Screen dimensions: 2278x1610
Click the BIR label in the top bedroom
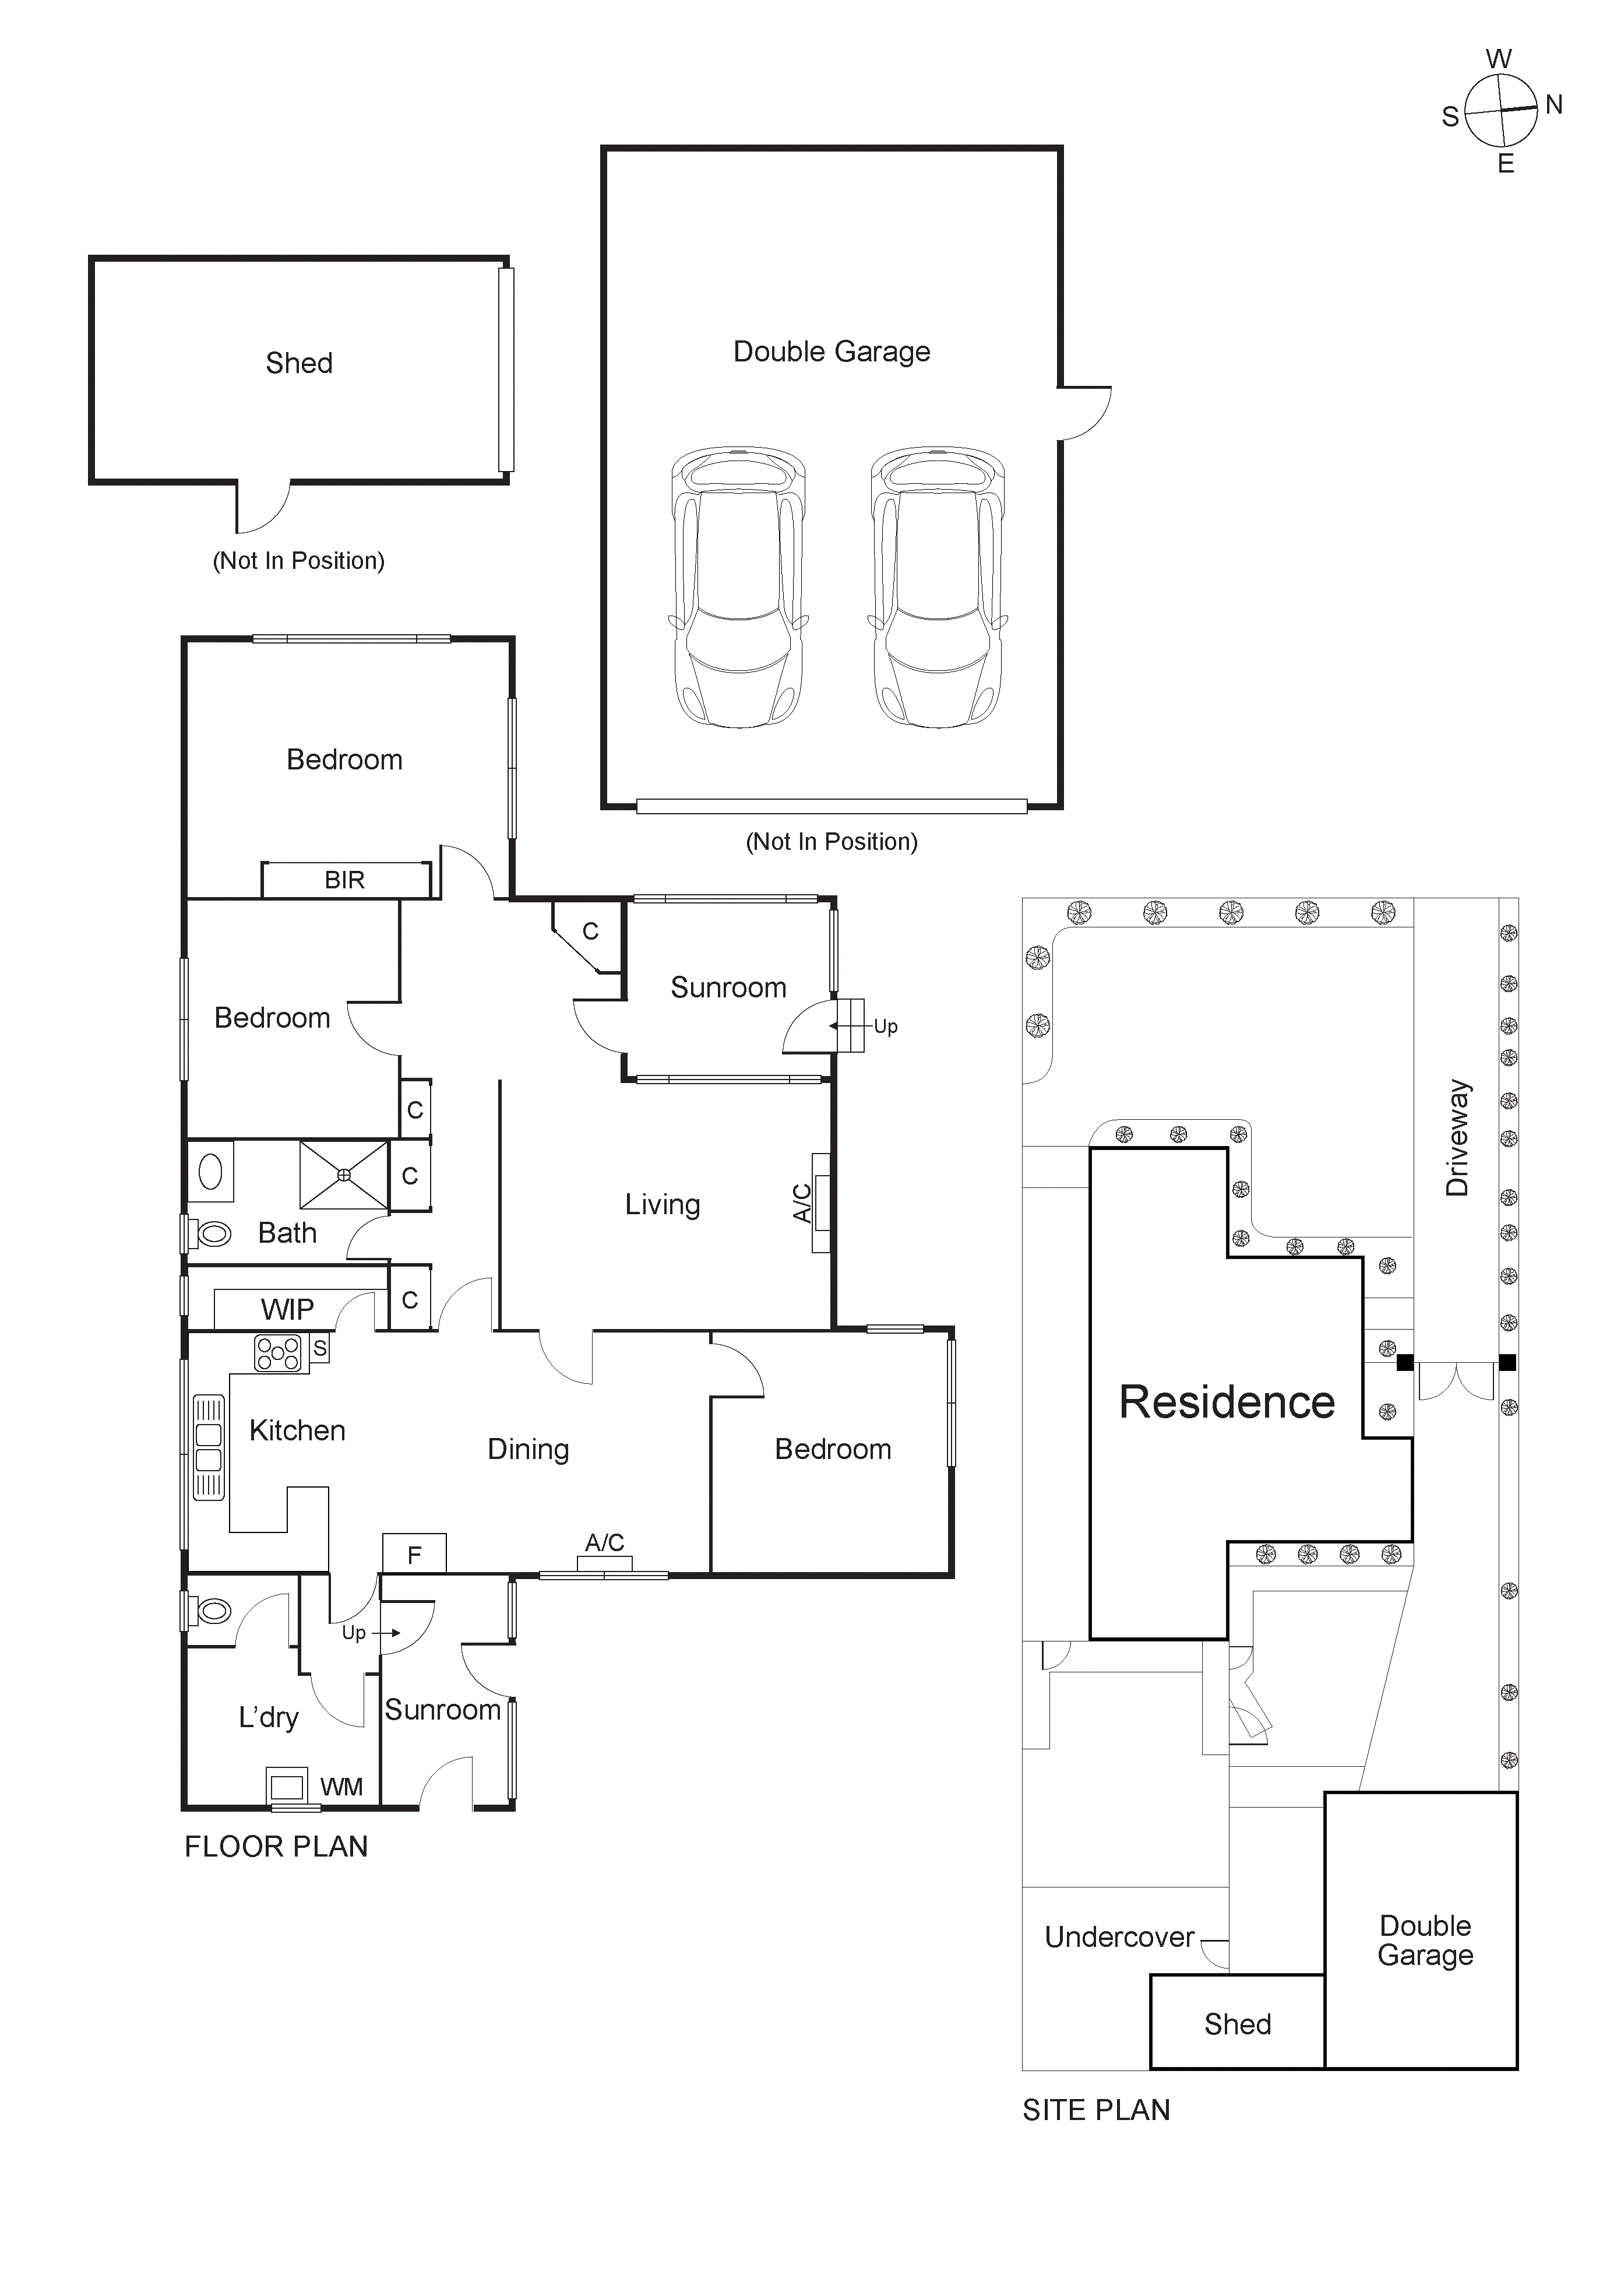[x=344, y=880]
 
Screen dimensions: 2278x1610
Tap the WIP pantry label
[x=287, y=1310]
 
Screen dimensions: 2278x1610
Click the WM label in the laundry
[x=341, y=1787]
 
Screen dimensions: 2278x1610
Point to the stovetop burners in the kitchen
[x=279, y=1354]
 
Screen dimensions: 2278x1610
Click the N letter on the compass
[x=1553, y=104]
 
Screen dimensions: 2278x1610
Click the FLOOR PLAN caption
[x=276, y=1847]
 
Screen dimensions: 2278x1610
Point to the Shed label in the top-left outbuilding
[x=298, y=363]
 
